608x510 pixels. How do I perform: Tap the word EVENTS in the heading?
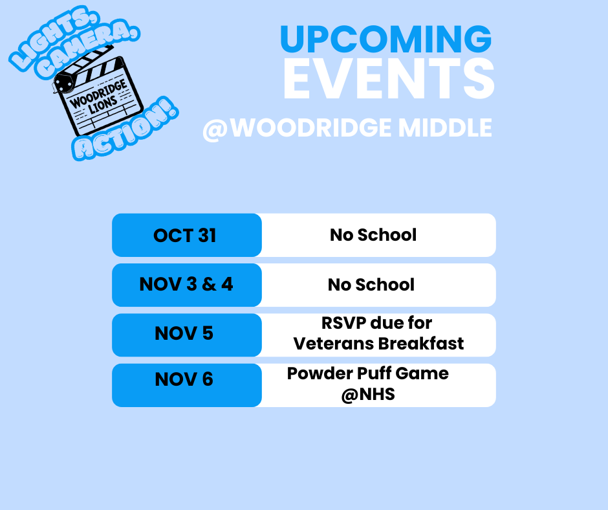pyautogui.click(x=389, y=79)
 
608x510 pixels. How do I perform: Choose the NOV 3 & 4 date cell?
pyautogui.click(x=186, y=285)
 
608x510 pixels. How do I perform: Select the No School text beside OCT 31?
pyautogui.click(x=373, y=235)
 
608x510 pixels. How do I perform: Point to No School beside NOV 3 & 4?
pyautogui.click(x=371, y=285)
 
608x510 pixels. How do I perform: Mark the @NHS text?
pyautogui.click(x=368, y=394)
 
